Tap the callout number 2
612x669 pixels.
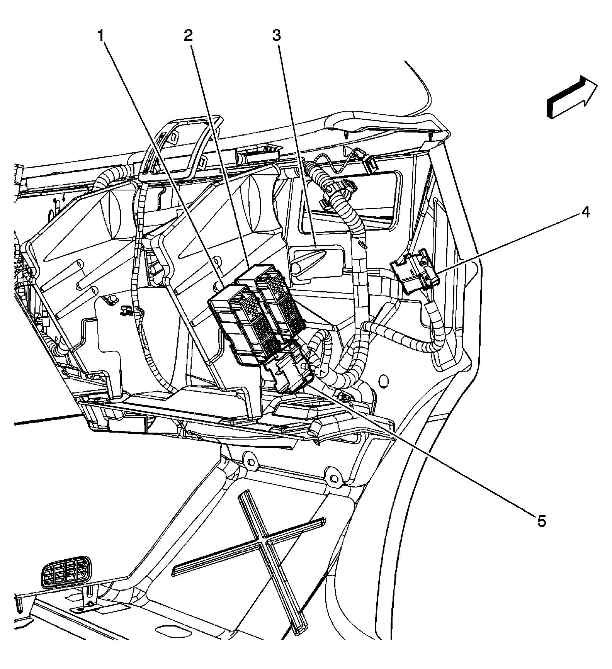tap(188, 36)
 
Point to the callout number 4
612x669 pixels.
tap(586, 212)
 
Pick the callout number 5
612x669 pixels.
tap(541, 521)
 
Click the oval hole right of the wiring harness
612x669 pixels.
tap(384, 380)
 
